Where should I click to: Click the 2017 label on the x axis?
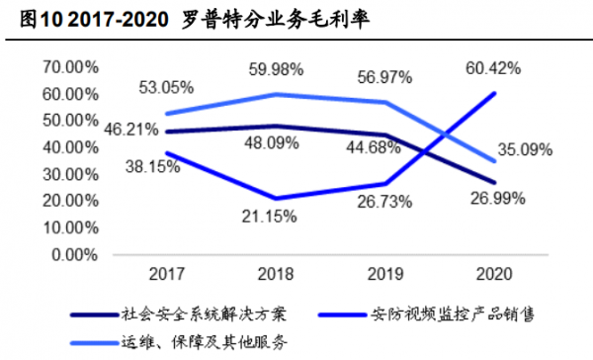click(164, 274)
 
